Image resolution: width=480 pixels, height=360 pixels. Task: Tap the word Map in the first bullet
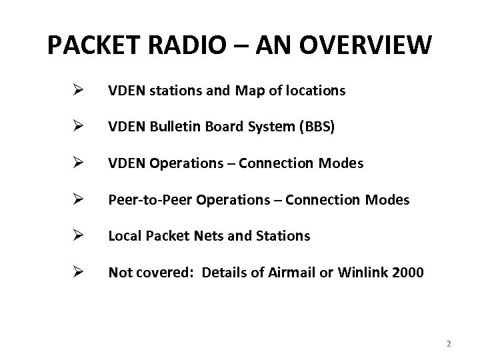coord(247,90)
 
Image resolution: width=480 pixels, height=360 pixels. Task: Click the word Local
coord(123,235)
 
